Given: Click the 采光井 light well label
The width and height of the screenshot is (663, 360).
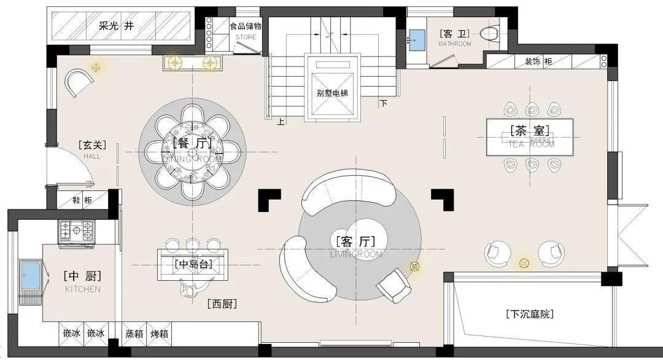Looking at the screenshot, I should tap(116, 26).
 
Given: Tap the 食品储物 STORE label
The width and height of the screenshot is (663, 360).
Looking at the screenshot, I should tap(246, 30).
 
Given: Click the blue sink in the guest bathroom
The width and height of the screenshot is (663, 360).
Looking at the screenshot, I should tap(417, 39).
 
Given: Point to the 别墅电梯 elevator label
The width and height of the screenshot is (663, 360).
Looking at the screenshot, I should tap(332, 93).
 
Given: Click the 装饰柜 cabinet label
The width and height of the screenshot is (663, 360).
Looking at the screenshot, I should tap(538, 61).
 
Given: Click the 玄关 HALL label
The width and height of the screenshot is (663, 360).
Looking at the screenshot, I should tap(92, 149).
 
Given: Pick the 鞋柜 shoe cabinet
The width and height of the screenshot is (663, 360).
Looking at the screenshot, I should tap(82, 200).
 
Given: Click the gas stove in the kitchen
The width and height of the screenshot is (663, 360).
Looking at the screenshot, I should tap(77, 231).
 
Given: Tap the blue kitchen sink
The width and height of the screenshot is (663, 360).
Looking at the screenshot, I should tap(29, 276).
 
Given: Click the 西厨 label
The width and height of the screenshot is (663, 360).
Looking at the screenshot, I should tap(222, 303).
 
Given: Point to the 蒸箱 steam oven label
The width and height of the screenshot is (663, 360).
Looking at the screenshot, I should tap(134, 334).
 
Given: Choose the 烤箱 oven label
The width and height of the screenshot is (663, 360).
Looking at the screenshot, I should tap(160, 334).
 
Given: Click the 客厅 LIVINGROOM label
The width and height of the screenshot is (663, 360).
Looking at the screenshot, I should tap(356, 243).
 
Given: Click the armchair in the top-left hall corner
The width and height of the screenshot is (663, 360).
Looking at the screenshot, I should tap(77, 82).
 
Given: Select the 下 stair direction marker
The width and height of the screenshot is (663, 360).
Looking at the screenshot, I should tap(384, 103).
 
